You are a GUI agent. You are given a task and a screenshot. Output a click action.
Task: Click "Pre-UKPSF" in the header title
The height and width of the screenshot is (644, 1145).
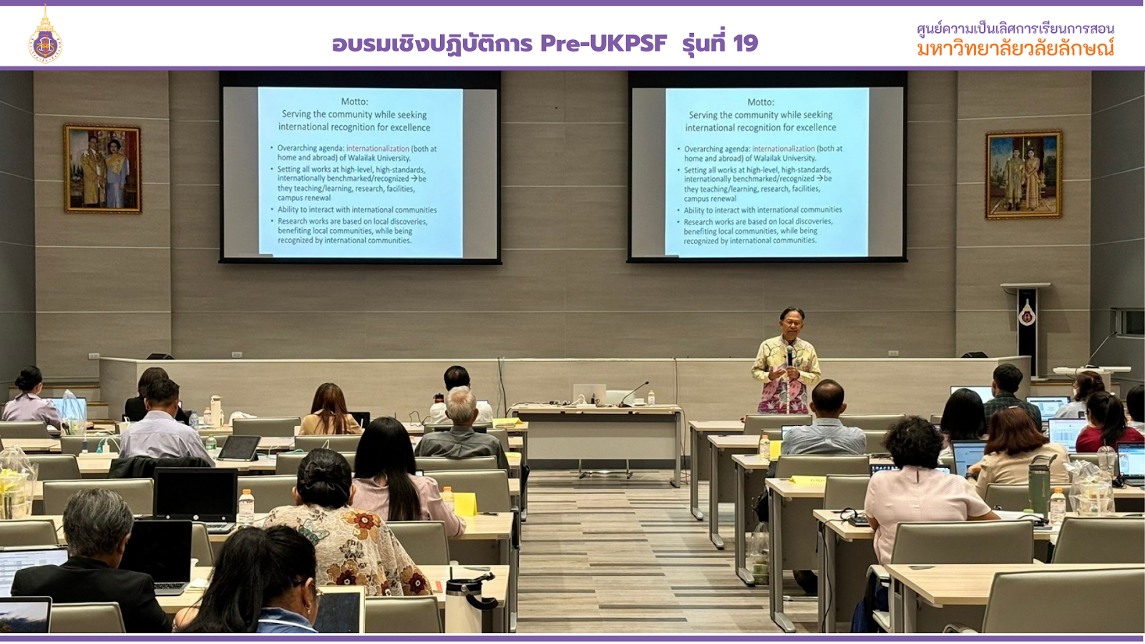tap(603, 44)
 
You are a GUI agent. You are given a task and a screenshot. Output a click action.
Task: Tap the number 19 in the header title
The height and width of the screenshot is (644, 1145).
tap(745, 44)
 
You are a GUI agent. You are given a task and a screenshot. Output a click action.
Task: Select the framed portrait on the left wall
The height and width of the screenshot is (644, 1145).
tap(102, 169)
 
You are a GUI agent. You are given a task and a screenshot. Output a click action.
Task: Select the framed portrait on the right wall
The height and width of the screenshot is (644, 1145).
tap(1023, 175)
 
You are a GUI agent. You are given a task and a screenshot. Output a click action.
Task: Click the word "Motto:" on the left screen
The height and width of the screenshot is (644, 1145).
tap(354, 102)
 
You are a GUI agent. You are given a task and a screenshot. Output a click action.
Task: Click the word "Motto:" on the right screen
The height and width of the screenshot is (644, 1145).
tap(760, 102)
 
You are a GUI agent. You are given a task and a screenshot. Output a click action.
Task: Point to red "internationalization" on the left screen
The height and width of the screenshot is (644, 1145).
tap(378, 149)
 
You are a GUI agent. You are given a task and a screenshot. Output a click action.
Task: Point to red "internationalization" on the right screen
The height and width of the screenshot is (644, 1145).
tap(784, 149)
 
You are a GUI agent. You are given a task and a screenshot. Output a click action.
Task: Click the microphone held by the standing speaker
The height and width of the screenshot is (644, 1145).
tap(790, 353)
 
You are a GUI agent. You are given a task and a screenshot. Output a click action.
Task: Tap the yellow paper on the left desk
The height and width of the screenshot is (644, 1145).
tap(464, 504)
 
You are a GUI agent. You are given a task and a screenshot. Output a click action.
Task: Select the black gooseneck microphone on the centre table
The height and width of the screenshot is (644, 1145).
tap(635, 394)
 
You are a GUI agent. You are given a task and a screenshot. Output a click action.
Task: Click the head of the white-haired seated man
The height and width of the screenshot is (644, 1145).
tap(461, 404)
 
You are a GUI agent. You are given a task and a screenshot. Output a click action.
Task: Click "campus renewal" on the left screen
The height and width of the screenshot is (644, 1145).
tap(304, 198)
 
